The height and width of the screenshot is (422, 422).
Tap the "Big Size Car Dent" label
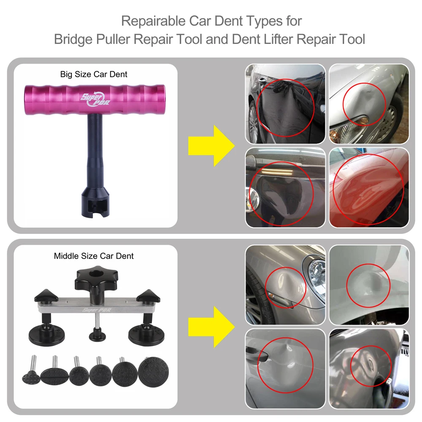(94, 74)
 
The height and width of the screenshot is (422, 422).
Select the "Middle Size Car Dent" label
(94, 256)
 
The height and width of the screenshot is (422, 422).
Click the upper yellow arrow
(211, 146)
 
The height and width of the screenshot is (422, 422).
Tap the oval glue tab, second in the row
(54, 374)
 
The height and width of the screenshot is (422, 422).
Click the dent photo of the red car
(369, 188)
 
